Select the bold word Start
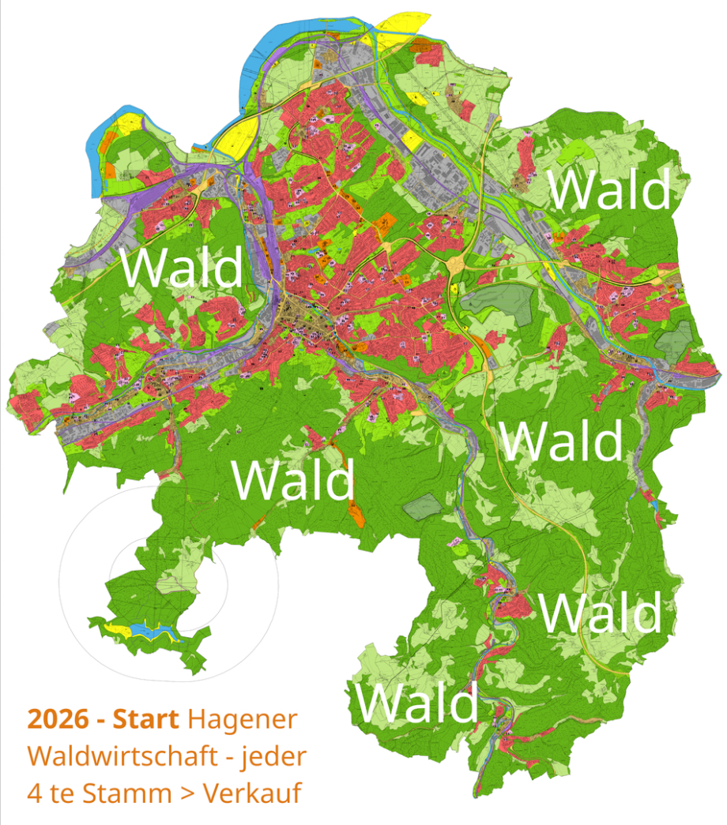coord(147,720)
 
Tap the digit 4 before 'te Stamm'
coord(36,792)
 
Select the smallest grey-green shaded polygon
coord(424,505)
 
